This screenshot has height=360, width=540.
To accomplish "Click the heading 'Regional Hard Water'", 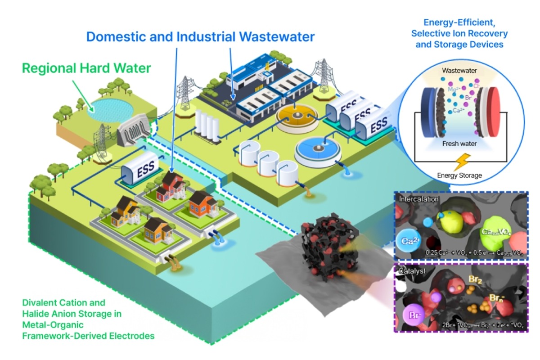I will click(86, 69).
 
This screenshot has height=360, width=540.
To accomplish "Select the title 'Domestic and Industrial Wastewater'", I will click(200, 36).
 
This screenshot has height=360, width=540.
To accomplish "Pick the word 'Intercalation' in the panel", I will click(417, 198).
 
